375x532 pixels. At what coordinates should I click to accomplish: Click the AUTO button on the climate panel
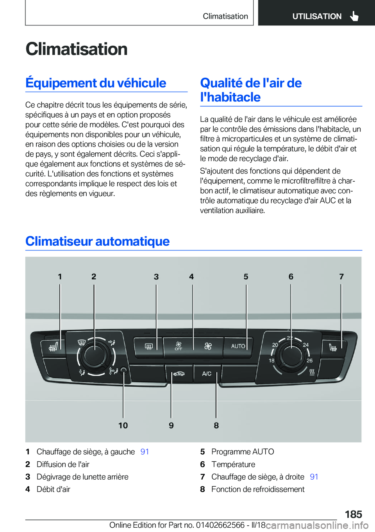point(238,346)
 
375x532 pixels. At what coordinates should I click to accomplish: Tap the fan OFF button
point(179,346)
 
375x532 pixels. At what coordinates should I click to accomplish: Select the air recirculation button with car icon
point(179,374)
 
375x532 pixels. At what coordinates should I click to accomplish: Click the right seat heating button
point(333,347)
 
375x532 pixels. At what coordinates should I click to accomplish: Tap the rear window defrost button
point(149,346)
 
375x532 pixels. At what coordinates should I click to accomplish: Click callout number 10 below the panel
point(123,425)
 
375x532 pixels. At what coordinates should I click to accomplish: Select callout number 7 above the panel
point(341,277)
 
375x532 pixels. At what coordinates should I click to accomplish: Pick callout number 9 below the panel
point(171,425)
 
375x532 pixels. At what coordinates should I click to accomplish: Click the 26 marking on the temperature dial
point(309,361)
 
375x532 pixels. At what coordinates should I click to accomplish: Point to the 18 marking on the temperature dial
point(271,361)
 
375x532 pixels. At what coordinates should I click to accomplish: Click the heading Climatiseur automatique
point(97,241)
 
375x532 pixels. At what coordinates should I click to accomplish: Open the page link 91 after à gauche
point(145,452)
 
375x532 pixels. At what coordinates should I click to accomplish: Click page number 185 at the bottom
point(353,514)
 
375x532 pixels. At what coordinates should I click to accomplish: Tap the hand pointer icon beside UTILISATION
point(354,16)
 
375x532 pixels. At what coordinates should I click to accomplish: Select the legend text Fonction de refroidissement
point(258,489)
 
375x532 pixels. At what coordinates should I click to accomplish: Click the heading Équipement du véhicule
point(96,83)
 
